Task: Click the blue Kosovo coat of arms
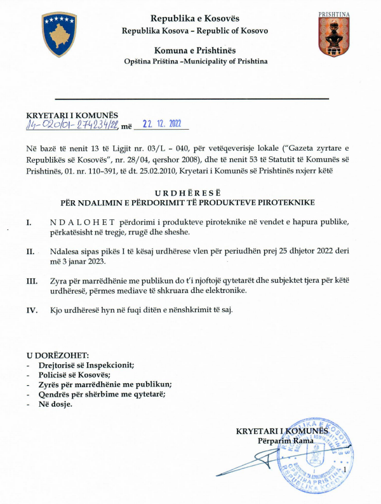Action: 59,35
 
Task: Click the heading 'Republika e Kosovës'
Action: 195,17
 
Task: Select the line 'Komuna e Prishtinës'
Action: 195,50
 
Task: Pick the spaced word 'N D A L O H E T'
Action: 82,223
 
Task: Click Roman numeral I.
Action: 29,224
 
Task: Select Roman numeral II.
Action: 29,252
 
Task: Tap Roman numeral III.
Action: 31,280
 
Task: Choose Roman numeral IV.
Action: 30,310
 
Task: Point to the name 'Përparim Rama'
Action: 284,441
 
